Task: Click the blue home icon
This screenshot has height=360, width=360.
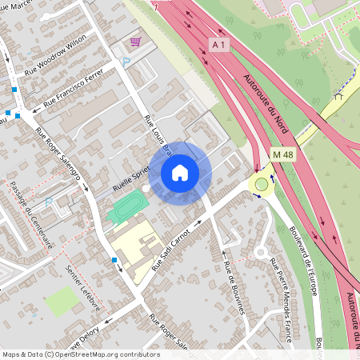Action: click(x=180, y=172)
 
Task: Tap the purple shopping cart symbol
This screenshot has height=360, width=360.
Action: click(x=136, y=42)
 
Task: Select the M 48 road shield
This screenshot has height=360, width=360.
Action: click(x=282, y=154)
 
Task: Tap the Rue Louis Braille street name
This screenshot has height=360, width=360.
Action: click(x=158, y=137)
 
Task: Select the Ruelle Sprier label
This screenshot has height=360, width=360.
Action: click(x=133, y=178)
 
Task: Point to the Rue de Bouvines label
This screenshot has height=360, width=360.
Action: click(x=233, y=286)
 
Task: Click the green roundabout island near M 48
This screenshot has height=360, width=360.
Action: click(x=261, y=186)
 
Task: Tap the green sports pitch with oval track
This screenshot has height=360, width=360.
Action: click(x=127, y=206)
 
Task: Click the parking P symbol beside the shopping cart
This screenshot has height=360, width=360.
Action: click(x=125, y=62)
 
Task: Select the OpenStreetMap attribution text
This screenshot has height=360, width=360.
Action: click(x=81, y=354)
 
